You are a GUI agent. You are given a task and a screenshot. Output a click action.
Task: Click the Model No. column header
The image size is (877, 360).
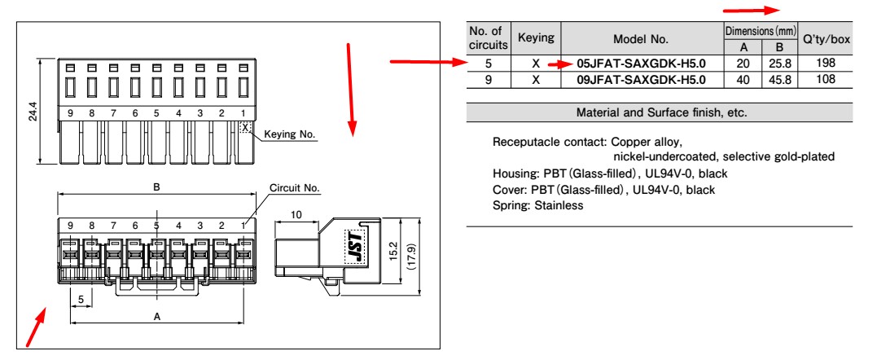coord(642,38)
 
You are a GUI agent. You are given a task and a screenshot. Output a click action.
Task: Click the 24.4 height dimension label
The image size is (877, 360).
coord(30,109)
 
